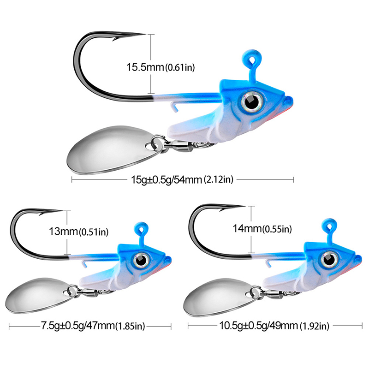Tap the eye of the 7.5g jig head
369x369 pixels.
point(141,260)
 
